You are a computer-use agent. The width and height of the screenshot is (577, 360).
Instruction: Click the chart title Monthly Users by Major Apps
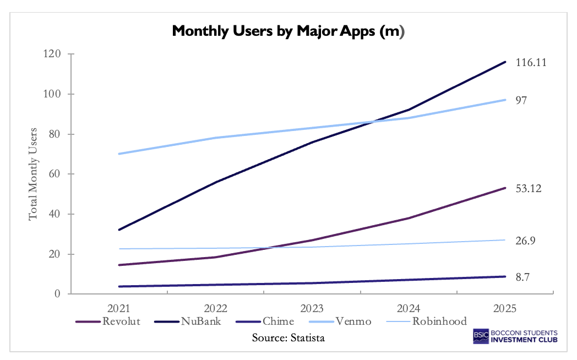[x=288, y=31]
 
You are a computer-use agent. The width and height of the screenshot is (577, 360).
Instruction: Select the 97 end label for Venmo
[x=521, y=100]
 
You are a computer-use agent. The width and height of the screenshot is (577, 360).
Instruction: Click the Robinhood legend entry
[x=439, y=321]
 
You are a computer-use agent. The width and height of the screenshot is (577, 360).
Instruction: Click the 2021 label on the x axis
[x=119, y=308]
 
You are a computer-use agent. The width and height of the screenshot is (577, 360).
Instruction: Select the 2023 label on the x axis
[x=312, y=308]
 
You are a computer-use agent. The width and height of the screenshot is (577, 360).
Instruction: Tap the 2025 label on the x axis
[x=505, y=308]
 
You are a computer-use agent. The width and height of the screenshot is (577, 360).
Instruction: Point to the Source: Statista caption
[x=288, y=337]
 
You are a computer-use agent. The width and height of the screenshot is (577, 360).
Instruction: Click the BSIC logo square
[x=482, y=336]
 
